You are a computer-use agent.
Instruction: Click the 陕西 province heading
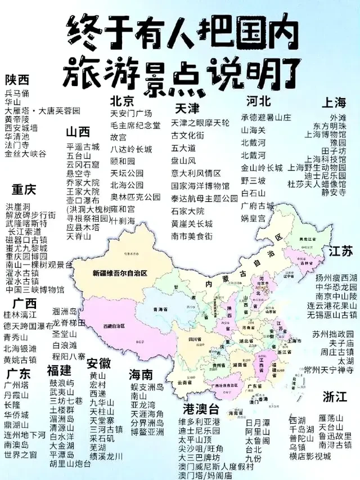[x=17, y=79]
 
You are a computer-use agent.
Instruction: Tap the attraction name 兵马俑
[x=17, y=93]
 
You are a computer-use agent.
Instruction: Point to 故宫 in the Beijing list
[x=118, y=137]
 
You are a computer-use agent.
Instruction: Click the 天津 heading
[x=187, y=107]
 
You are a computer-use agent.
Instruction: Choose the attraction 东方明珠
[x=330, y=126]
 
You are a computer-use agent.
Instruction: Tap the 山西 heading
[x=78, y=132]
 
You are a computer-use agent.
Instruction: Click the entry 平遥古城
[x=83, y=147]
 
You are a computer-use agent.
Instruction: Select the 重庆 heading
[x=24, y=189]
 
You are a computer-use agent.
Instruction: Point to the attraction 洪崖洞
[x=17, y=206]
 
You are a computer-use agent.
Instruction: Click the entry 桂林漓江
[x=20, y=315]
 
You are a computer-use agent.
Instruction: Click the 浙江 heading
[x=335, y=396]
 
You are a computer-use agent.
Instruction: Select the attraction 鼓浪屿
[x=61, y=383]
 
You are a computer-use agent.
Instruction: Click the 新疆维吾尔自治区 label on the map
[x=120, y=273]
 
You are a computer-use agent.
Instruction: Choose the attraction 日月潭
[x=258, y=422]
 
